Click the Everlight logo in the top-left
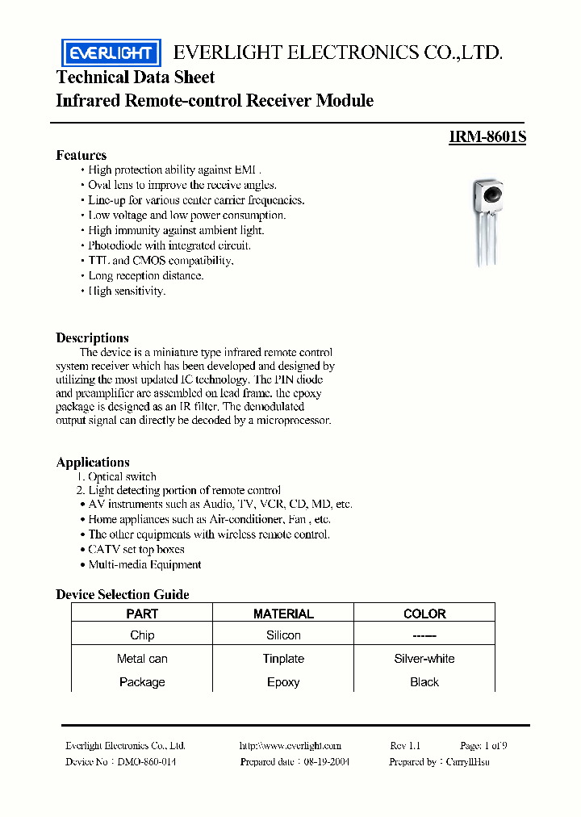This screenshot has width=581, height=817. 111,53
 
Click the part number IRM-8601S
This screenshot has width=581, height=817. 487,137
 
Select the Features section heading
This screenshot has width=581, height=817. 81,155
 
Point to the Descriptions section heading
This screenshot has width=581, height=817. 92,337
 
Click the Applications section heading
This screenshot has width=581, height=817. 93,462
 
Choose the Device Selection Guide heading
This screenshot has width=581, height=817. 122,594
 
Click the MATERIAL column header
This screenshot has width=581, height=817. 283,614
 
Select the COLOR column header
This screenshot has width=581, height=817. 424,614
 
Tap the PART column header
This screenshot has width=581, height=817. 142,614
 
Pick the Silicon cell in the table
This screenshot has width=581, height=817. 283,635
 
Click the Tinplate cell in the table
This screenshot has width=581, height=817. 283,659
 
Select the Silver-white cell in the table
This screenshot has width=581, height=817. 424,659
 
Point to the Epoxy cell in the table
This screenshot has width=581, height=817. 283,682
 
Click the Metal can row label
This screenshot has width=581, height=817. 142,659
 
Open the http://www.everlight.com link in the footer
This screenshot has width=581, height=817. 290,746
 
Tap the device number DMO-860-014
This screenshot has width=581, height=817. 147,761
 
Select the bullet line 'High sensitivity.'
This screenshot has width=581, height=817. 127,291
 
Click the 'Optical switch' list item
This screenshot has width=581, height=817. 121,476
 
